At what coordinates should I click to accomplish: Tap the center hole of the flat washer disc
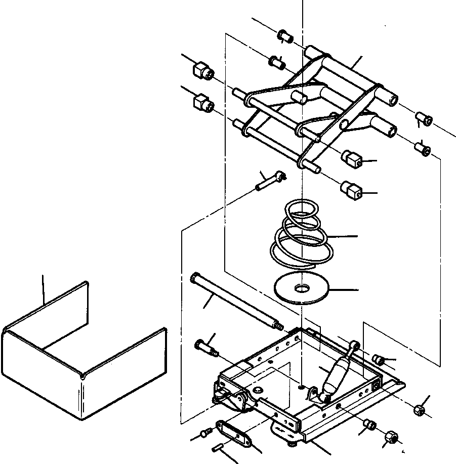(x=302, y=289)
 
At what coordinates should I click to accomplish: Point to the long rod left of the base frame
(x=235, y=302)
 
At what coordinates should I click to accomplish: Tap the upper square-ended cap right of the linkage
(x=353, y=160)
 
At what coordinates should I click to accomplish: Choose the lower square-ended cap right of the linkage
(x=353, y=191)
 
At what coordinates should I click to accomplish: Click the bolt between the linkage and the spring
(x=271, y=180)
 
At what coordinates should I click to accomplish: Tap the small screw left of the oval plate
(x=205, y=433)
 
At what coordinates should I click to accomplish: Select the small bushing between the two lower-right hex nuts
(x=370, y=424)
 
